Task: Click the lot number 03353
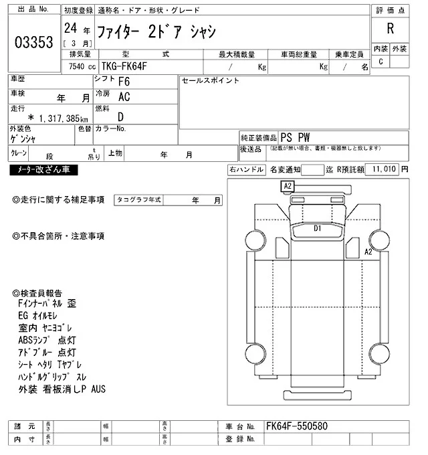point(33,41)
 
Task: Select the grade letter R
point(390,29)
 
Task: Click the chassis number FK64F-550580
point(297,426)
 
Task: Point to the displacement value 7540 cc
point(82,66)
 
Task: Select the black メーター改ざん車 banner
point(44,170)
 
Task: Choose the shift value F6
point(124,82)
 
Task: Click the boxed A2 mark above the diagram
point(288,185)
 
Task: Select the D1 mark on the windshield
point(318,228)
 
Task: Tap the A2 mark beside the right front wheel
point(367,252)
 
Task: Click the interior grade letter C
point(381,62)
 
